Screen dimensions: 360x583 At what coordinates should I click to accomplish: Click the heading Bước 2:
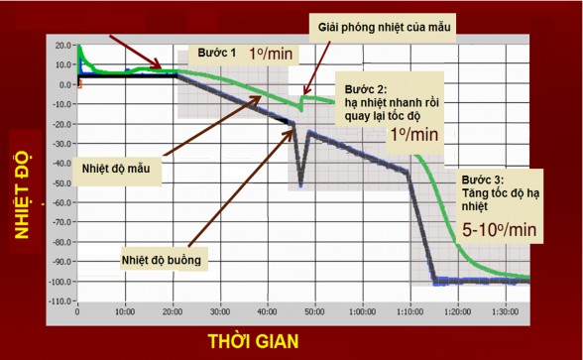pyautogui.click(x=359, y=87)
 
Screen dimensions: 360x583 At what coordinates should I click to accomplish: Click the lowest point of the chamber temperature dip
pyautogui.click(x=301, y=185)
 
